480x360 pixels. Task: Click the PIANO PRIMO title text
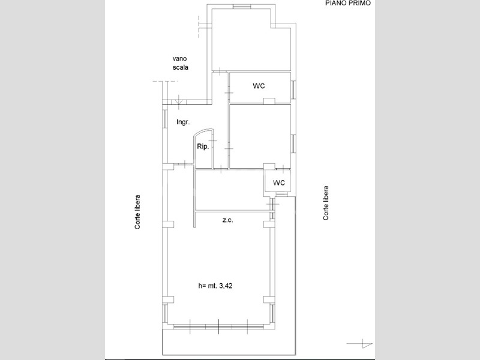348,3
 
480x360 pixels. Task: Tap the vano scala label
181,63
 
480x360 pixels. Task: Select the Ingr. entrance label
183,122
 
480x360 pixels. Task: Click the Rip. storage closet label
203,146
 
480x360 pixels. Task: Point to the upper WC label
259,86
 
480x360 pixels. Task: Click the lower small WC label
279,183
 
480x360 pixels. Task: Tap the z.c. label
227,220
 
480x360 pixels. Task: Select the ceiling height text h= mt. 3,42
215,286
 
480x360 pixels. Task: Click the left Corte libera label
138,212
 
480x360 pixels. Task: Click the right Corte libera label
326,203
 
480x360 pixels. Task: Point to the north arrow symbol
360,343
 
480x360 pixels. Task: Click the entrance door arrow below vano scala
179,101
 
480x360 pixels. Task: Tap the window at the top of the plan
241,7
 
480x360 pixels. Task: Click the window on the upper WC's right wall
293,89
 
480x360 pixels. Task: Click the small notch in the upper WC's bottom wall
269,101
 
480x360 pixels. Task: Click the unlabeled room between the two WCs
260,136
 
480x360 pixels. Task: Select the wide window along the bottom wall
218,326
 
